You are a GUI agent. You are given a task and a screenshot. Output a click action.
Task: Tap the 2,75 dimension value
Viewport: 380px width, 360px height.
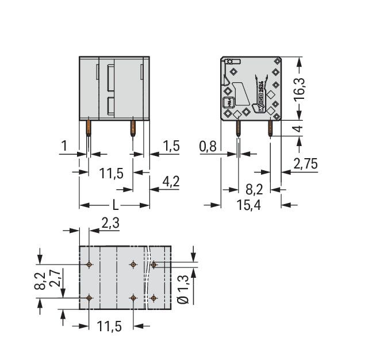(305, 164)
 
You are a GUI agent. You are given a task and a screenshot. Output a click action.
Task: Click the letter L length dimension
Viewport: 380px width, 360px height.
(115, 205)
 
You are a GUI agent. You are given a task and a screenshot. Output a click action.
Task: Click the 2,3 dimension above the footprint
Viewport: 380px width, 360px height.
(110, 223)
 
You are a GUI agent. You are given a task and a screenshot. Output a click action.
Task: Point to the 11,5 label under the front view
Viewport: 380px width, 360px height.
(111, 173)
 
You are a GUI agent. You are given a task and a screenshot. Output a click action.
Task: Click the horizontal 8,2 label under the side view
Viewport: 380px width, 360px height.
(255, 188)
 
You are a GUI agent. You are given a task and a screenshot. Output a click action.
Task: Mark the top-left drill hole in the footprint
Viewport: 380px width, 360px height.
(89, 265)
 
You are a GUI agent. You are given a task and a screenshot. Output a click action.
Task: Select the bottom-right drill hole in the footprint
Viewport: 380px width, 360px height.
(154, 298)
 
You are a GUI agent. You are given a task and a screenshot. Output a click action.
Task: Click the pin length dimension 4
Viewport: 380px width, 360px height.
(298, 128)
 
